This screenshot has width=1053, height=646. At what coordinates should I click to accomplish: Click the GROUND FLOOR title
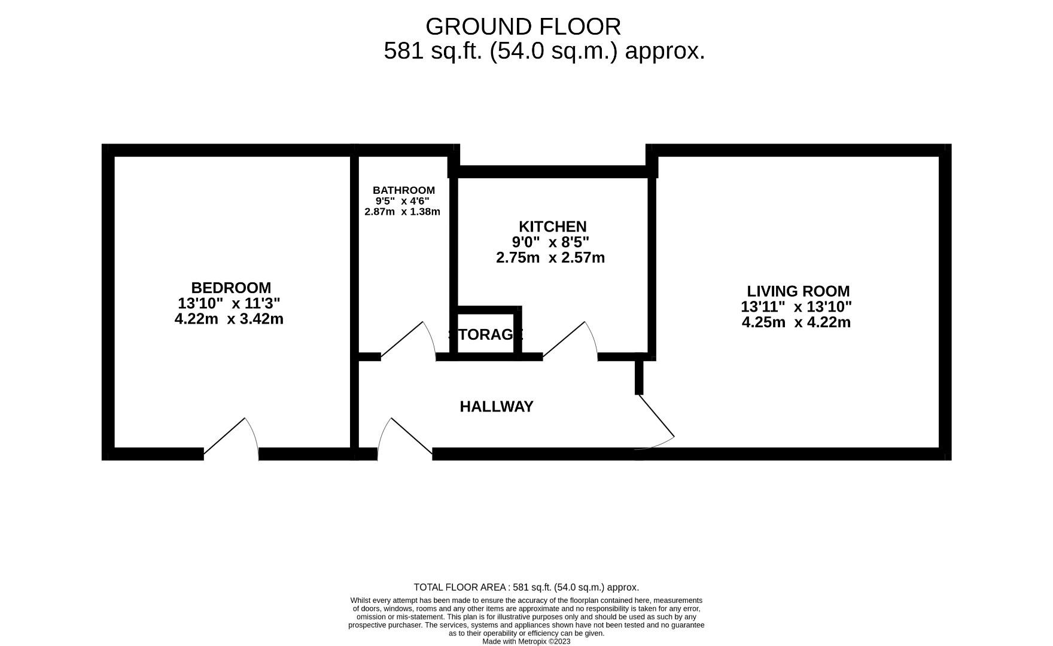click(523, 27)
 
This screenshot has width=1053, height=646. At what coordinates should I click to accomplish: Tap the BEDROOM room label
click(230, 288)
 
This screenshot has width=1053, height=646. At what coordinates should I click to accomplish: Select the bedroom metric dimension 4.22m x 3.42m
click(229, 319)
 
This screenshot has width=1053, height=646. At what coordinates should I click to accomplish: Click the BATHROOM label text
click(403, 190)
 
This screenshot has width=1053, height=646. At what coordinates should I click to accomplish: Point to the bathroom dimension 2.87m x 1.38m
click(402, 212)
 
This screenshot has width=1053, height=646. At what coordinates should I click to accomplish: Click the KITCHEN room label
click(552, 227)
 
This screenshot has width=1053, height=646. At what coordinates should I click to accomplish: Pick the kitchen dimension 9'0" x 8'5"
click(550, 242)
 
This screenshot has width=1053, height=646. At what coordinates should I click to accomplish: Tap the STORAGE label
click(485, 334)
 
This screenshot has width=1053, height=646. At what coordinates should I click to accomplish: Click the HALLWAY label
click(497, 407)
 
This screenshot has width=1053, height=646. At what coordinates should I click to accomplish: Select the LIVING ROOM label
click(798, 291)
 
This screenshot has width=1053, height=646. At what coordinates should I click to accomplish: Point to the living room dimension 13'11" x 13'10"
click(796, 307)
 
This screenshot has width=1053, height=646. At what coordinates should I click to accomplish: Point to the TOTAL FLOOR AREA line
click(526, 587)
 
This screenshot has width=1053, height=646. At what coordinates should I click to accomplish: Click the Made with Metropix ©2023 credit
click(526, 641)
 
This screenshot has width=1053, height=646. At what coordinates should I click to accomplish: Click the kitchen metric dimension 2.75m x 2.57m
click(550, 258)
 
